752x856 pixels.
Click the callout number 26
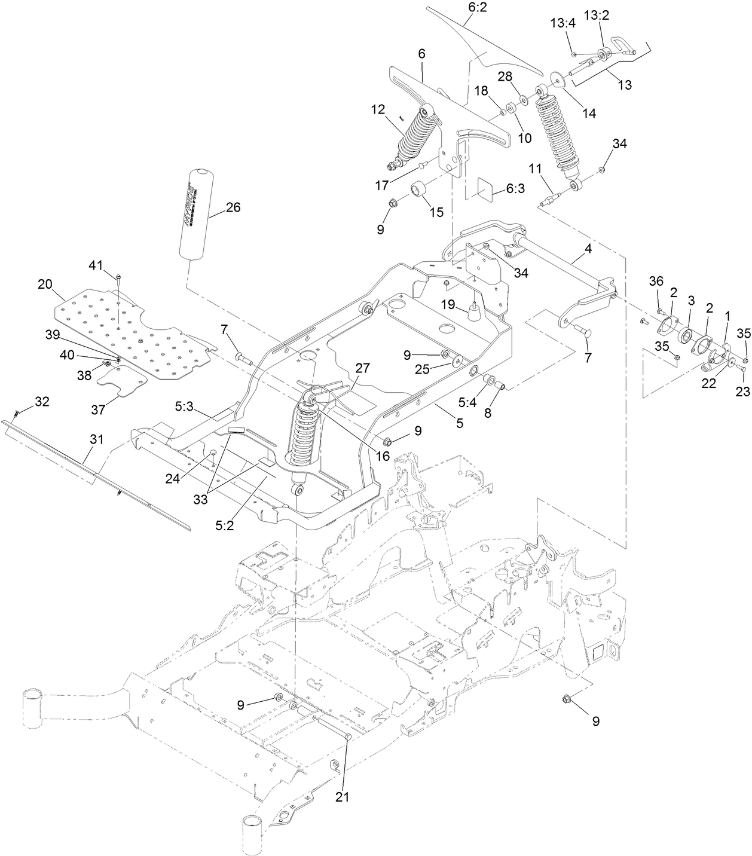point(233,207)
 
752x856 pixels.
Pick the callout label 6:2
point(470,8)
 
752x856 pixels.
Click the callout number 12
point(378,109)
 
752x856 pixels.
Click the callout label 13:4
point(562,23)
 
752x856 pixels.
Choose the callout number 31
point(97,439)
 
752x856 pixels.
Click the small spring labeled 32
point(15,412)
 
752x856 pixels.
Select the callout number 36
point(656,281)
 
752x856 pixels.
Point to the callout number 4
point(588,249)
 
